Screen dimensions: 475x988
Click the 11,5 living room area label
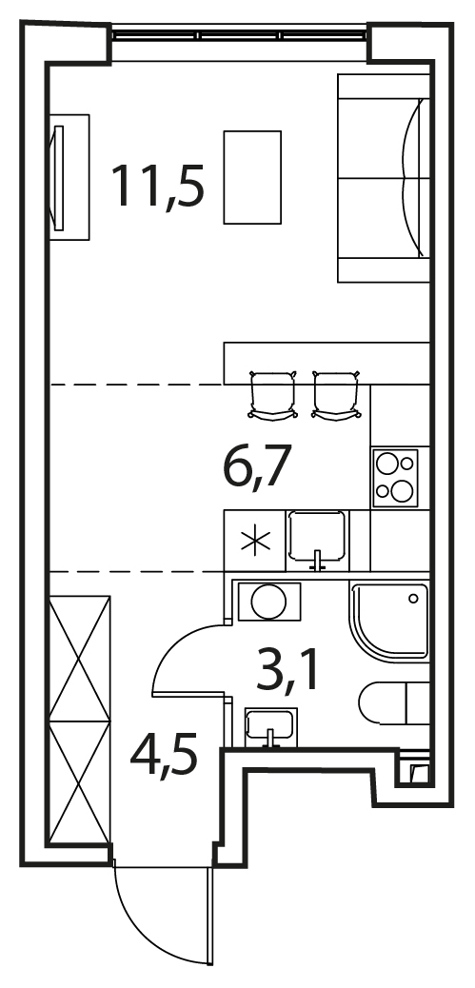pyautogui.click(x=157, y=186)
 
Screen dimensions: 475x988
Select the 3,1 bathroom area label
pyautogui.click(x=287, y=672)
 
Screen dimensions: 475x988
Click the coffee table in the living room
pyautogui.click(x=252, y=177)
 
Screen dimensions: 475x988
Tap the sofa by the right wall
pyautogui.click(x=384, y=178)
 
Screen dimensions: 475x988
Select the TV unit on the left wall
pyautogui.click(x=69, y=177)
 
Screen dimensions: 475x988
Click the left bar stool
pyautogui.click(x=273, y=395)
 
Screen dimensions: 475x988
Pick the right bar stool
pyautogui.click(x=337, y=395)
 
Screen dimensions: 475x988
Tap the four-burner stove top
pyautogui.click(x=395, y=478)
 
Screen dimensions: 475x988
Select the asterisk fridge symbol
pyautogui.click(x=255, y=542)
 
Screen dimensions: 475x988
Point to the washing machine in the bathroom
pyautogui.click(x=269, y=603)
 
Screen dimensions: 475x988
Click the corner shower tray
pyautogui.click(x=389, y=622)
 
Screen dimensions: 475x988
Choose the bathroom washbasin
pyautogui.click(x=271, y=725)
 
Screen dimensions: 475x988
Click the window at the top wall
pyautogui.click(x=239, y=34)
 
